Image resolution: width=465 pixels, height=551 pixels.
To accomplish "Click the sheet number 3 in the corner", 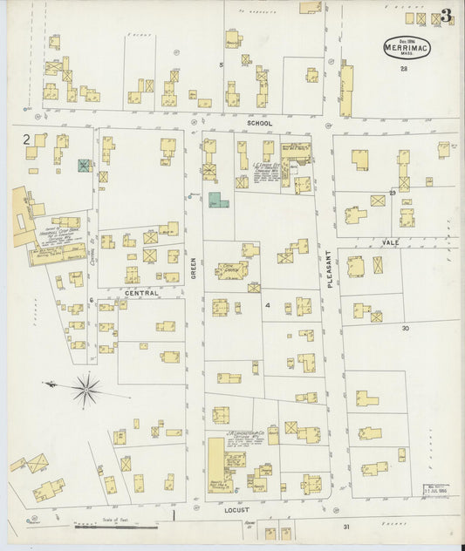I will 446,15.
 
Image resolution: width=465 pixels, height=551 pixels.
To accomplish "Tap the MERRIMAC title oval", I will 406,47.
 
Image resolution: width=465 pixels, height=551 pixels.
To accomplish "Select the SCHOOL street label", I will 259,124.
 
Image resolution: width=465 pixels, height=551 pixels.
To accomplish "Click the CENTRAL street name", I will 141,293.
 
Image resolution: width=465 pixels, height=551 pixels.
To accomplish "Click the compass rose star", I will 85,389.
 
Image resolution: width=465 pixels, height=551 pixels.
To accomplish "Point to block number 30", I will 405,328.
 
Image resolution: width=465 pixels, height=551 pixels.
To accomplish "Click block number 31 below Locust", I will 345,527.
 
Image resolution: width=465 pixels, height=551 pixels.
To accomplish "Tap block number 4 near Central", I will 268,305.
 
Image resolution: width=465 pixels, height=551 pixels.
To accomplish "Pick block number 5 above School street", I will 221,65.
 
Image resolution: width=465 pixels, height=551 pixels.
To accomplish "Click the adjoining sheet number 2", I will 26,139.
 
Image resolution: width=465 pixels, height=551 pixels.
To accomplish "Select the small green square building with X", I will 84,165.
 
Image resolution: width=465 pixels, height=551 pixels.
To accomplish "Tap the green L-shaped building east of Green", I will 218,201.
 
